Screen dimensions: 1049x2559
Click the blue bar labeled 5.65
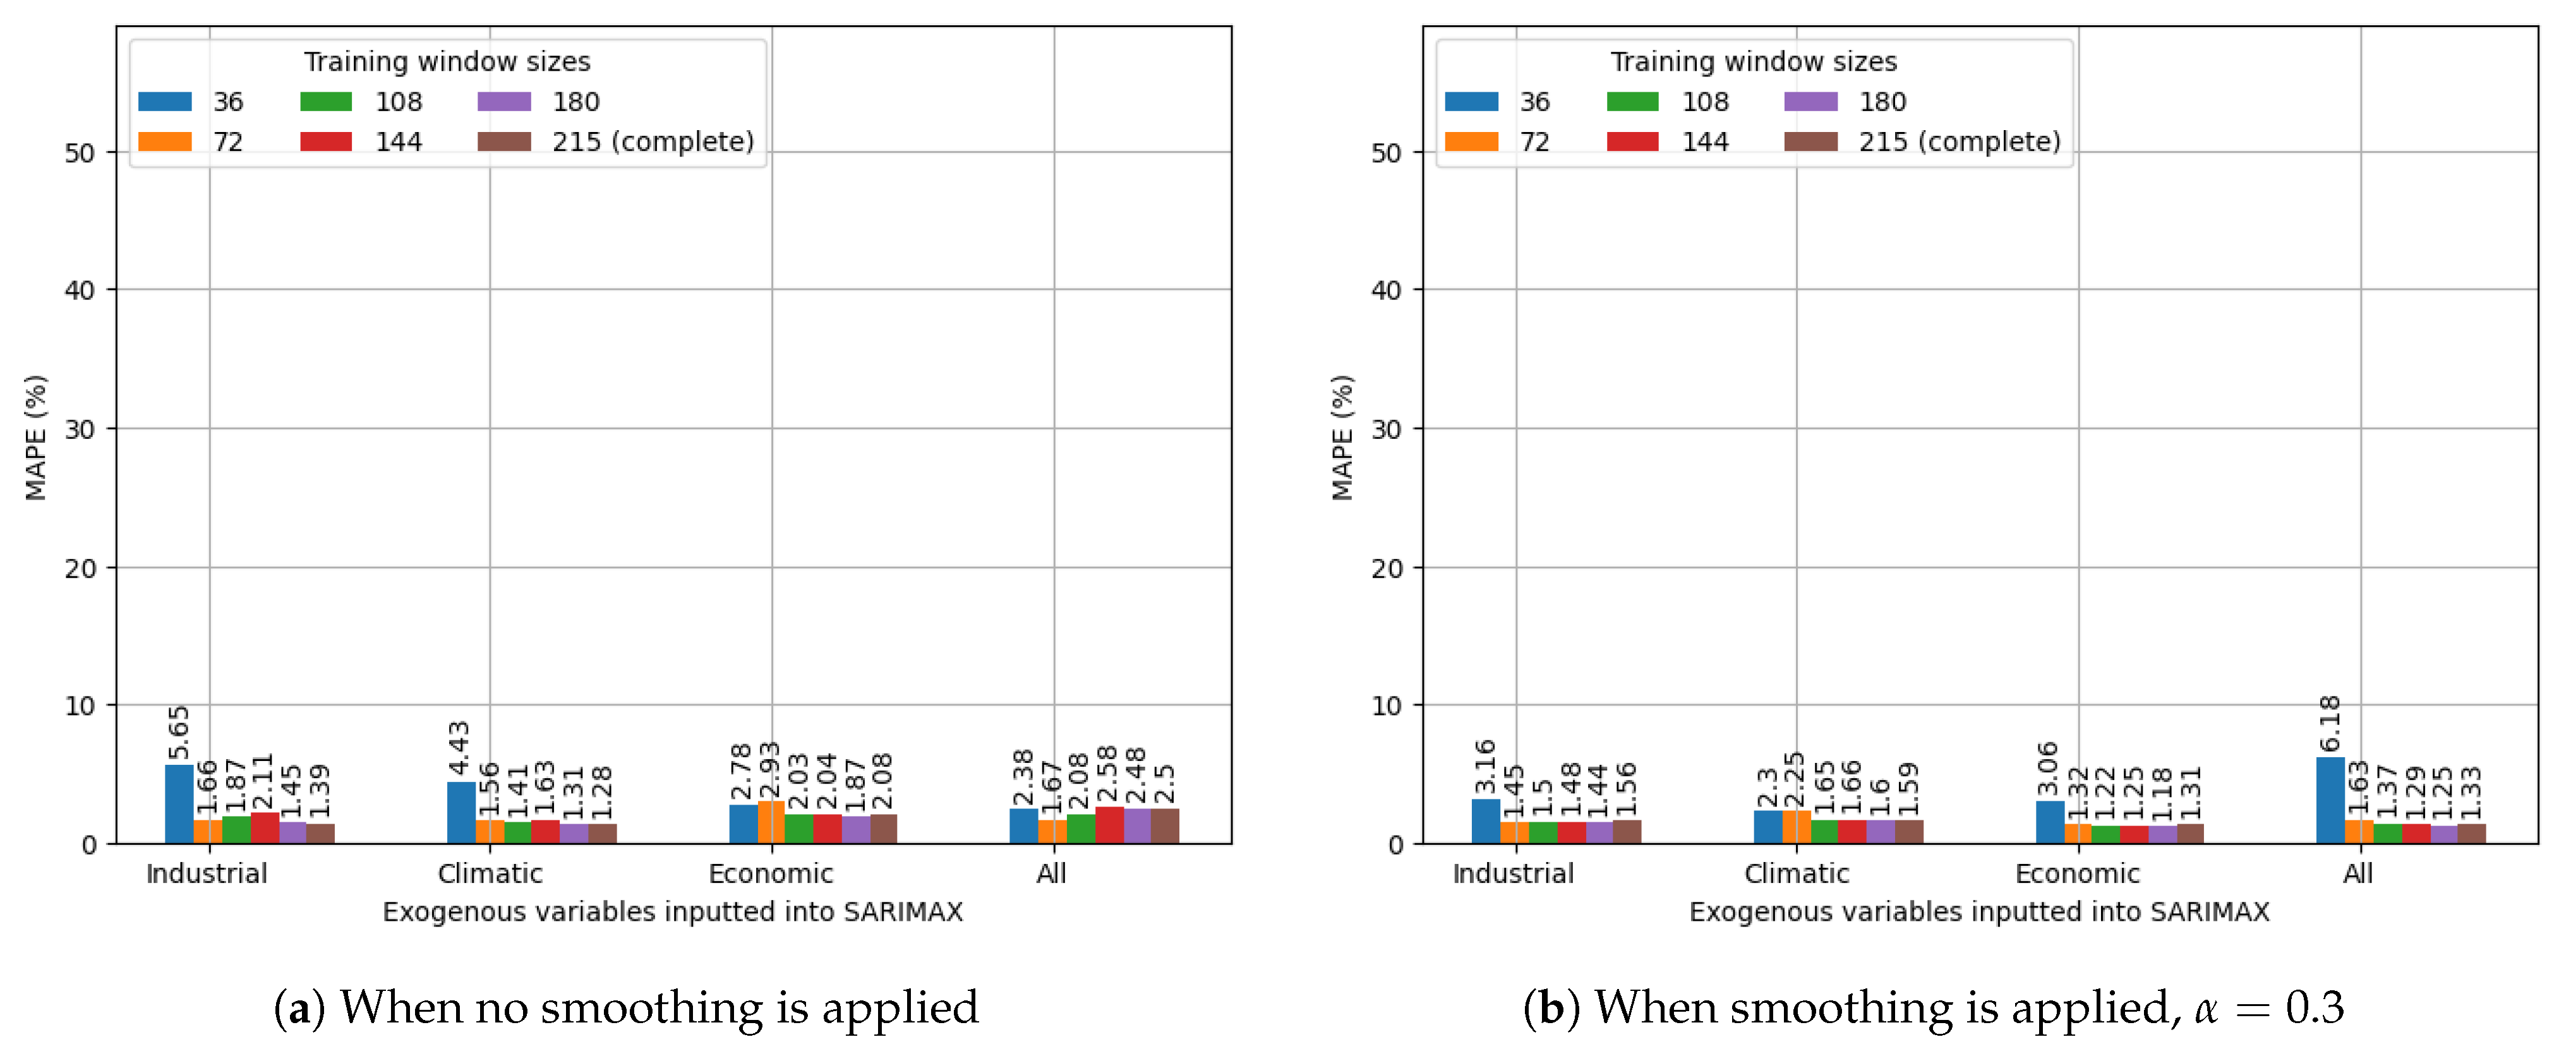click(179, 803)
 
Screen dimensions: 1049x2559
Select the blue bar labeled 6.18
click(2330, 801)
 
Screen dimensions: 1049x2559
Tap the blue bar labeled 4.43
click(461, 813)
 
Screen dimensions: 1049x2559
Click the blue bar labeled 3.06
click(2049, 822)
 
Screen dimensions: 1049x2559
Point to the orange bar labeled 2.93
click(771, 822)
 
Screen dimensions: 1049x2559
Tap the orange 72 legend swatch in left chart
click(165, 142)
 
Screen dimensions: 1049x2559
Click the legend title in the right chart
click(1754, 62)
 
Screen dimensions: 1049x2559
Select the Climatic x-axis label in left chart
click(490, 874)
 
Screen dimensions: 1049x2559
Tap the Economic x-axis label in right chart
click(2077, 874)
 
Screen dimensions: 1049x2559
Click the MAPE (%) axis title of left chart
click(36, 437)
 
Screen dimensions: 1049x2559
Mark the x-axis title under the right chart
click(1979, 912)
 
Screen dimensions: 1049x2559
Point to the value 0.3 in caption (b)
click(2315, 1009)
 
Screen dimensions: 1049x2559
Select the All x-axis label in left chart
click(1051, 874)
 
